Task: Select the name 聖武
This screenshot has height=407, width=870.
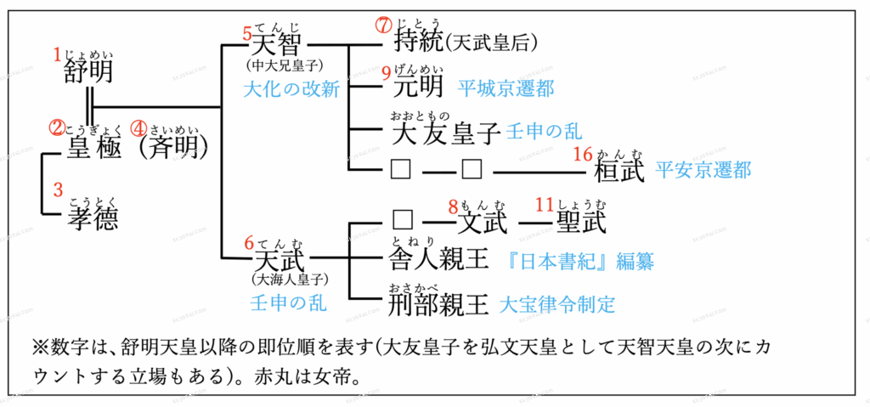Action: tap(581, 223)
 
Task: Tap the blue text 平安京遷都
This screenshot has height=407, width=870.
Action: tap(703, 170)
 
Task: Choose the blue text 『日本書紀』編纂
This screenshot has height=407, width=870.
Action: tap(582, 261)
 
